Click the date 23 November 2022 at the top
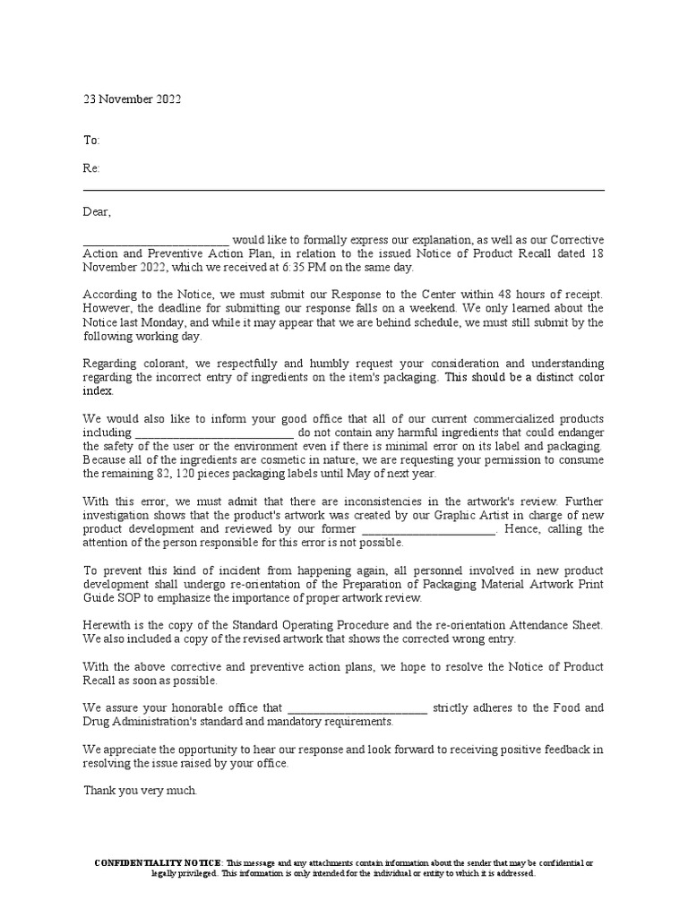(132, 100)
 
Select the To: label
(91, 141)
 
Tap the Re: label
(91, 169)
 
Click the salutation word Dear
(97, 212)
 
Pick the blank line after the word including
(214, 434)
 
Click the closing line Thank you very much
(140, 791)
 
